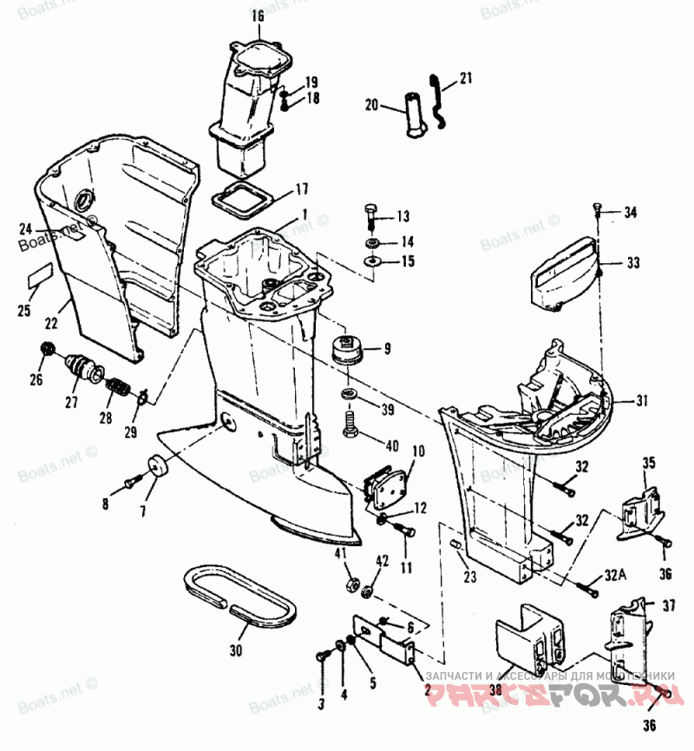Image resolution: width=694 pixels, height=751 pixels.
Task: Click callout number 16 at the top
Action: pos(258,16)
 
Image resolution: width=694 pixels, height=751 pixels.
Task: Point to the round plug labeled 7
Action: pos(158,466)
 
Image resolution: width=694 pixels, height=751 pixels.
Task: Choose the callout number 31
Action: pos(641,400)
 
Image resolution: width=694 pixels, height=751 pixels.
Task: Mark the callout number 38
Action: pos(495,691)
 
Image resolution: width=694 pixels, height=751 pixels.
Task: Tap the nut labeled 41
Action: pos(350,583)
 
